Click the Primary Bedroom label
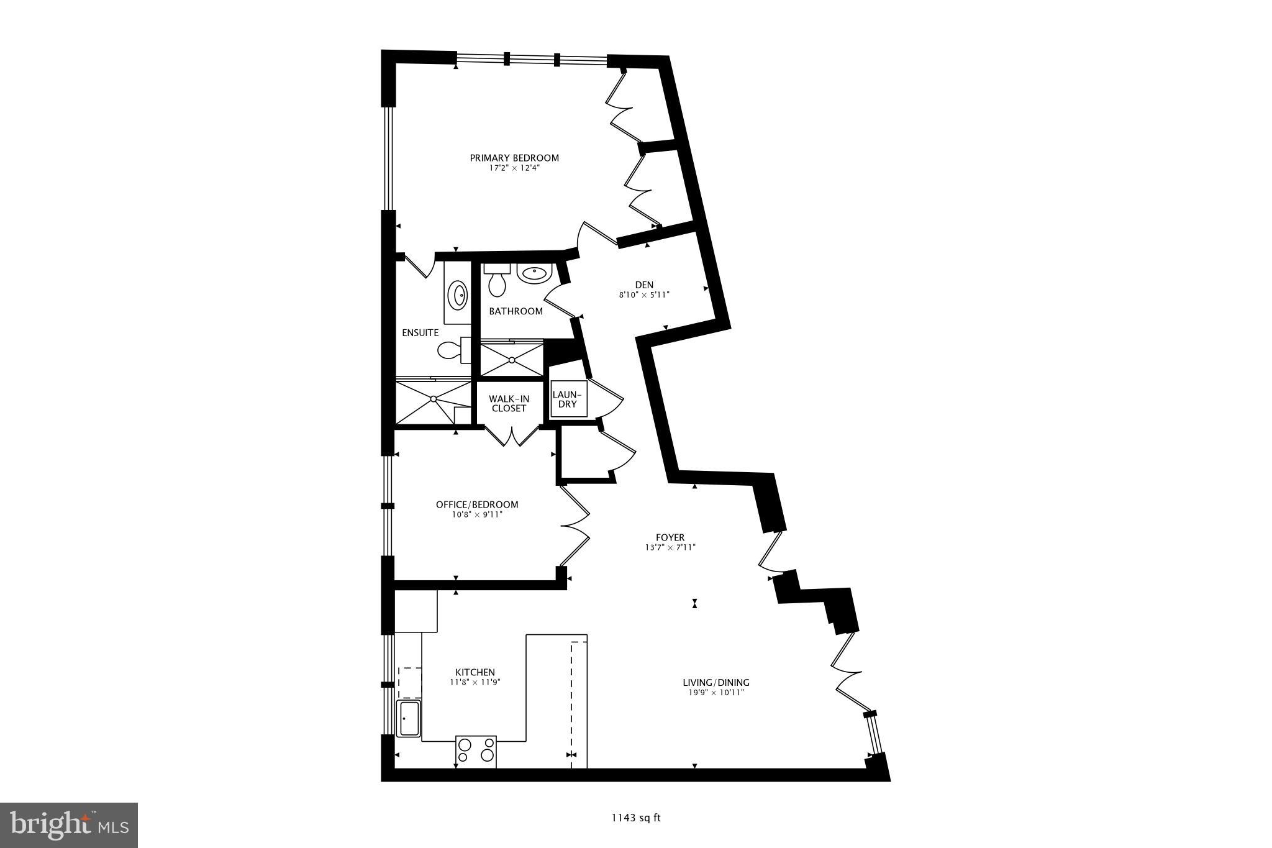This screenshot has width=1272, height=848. point(514,158)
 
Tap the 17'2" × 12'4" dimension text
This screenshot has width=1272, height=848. point(514,168)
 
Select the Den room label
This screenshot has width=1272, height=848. point(644,285)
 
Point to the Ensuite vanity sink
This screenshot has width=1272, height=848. point(458,294)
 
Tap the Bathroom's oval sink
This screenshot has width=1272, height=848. point(534,273)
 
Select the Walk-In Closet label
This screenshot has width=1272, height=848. point(509,403)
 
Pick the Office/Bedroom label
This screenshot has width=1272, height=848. point(477,504)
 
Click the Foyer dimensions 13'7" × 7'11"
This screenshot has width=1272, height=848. point(670,547)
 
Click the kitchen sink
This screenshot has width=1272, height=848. point(409,718)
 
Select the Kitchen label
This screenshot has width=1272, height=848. point(475,672)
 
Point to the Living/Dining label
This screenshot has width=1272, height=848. point(716,682)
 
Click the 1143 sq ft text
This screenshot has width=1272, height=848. point(636,818)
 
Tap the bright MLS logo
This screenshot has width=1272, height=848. point(69,825)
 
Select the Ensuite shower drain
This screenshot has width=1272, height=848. point(434,399)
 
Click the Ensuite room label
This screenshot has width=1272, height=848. point(420,333)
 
